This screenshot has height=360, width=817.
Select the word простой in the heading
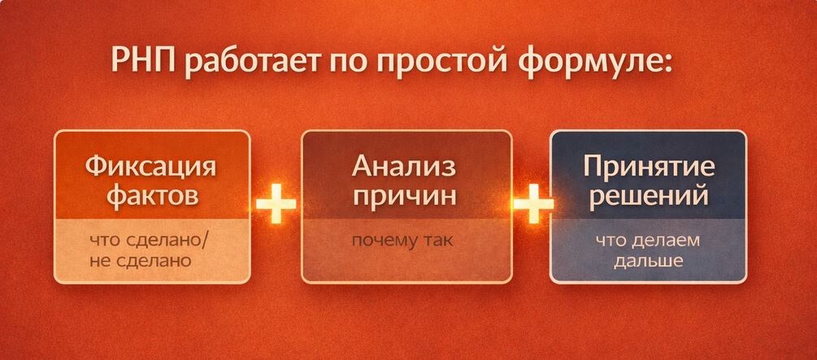coord(431,65)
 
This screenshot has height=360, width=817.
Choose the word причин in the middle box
coord(404,197)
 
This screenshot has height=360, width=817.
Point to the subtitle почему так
coord(402,241)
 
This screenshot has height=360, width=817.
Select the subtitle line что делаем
coord(647,241)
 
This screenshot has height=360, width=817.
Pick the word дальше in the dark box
coord(647,262)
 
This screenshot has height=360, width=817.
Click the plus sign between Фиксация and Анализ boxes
coord(276,206)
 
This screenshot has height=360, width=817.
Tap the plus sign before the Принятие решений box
coord(531,206)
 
